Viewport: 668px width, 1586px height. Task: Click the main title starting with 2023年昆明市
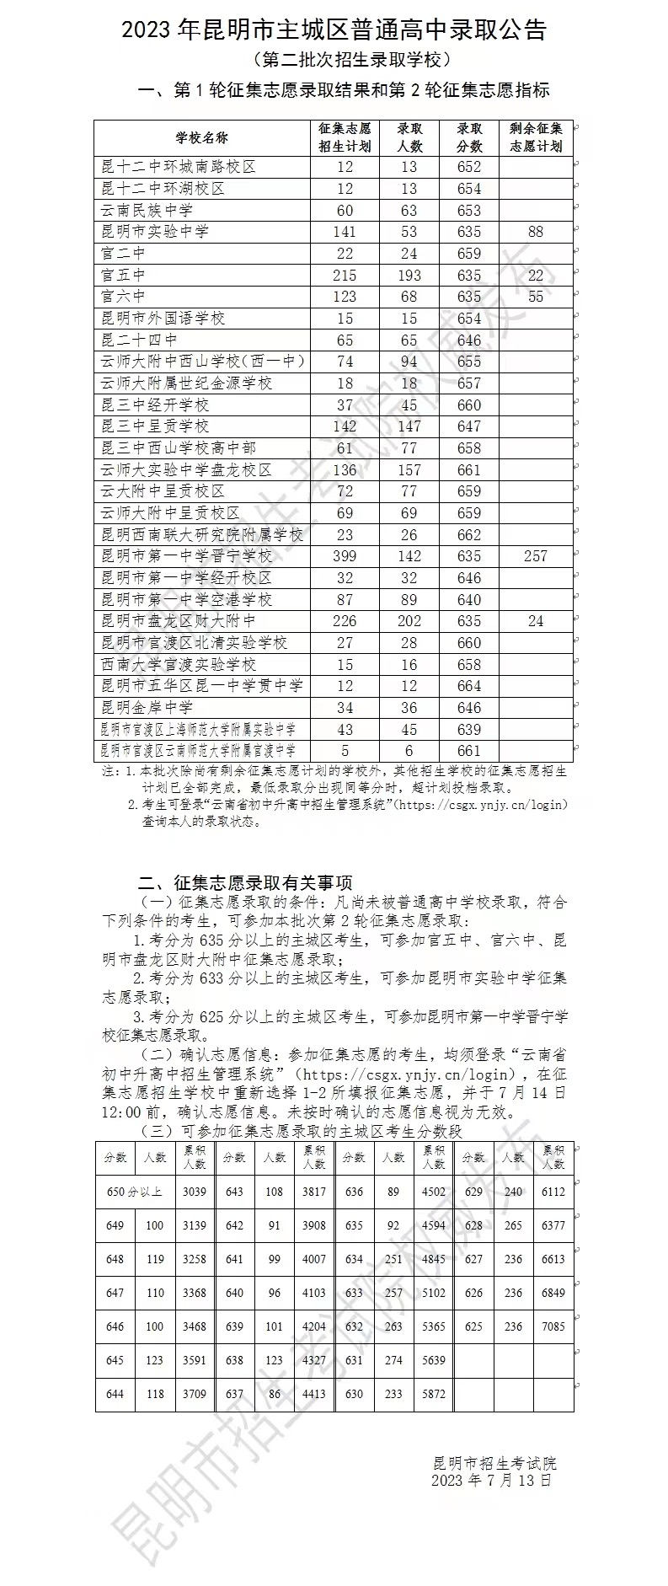[x=334, y=31]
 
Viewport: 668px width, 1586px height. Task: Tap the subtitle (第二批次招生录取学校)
[x=334, y=60]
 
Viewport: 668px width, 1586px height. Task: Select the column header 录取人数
[x=409, y=137]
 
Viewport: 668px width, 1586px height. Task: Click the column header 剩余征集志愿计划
[x=536, y=137]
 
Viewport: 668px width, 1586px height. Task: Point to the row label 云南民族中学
[x=147, y=210]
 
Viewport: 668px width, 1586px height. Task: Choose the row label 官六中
[x=124, y=297]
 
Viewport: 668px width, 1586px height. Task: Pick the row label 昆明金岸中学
[x=147, y=707]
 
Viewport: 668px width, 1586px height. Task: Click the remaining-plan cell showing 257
[x=536, y=556]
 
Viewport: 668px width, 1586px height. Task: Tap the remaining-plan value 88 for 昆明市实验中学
[x=536, y=232]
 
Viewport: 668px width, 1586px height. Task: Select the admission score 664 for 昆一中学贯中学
[x=469, y=686]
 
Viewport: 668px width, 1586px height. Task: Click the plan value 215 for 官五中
[x=345, y=276]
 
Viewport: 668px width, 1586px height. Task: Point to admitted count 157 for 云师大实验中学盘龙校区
[x=409, y=469]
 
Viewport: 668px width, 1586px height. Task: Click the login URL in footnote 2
[x=484, y=805]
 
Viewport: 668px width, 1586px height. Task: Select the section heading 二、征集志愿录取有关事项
[x=245, y=883]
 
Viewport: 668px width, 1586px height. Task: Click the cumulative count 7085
[x=553, y=1326]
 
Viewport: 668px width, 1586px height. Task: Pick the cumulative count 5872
[x=434, y=1394]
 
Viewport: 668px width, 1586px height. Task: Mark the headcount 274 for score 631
[x=393, y=1360]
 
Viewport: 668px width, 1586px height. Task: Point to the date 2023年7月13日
[x=492, y=1480]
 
